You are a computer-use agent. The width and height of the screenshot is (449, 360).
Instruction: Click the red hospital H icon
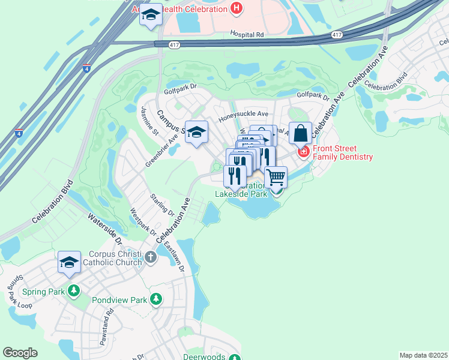237,8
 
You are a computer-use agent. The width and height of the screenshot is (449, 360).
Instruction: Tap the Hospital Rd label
247,35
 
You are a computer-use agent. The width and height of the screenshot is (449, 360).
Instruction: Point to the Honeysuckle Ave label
243,113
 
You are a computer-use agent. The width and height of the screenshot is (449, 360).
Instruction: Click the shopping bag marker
300,133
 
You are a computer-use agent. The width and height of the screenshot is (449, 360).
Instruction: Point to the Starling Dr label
162,205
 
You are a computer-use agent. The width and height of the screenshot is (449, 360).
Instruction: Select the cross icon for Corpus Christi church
150,258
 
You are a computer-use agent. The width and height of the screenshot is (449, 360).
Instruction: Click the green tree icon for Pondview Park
156,298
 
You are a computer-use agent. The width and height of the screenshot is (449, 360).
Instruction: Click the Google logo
20,353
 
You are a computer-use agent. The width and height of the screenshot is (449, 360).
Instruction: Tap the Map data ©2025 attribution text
423,355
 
